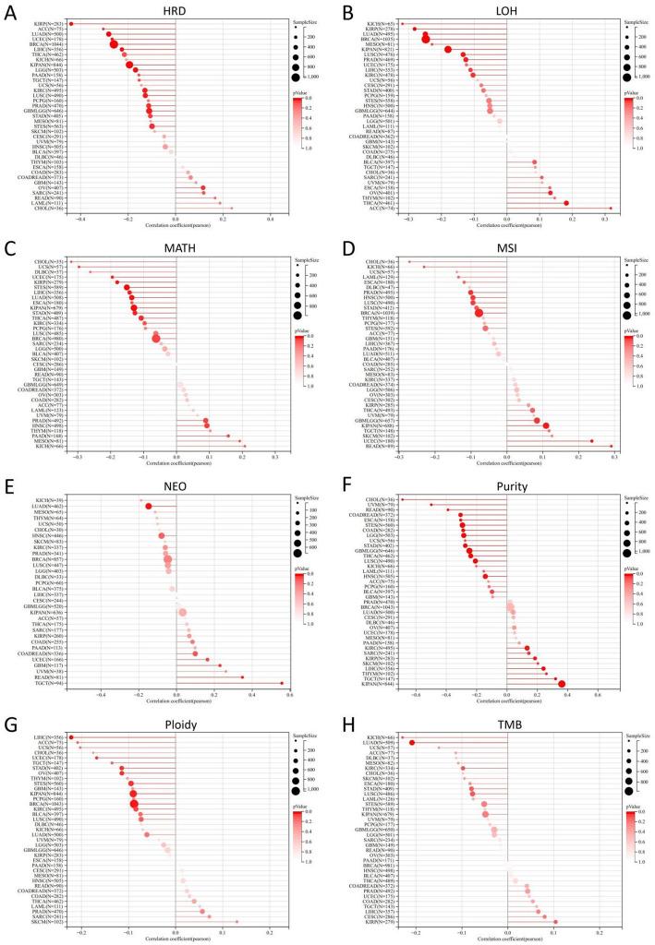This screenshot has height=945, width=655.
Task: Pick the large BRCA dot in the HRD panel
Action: tap(114, 43)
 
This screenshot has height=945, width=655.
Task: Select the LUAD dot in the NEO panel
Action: tap(148, 506)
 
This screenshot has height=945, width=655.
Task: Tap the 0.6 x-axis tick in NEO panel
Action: tap(290, 694)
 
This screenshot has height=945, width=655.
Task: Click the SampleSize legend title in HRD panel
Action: tap(306, 19)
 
